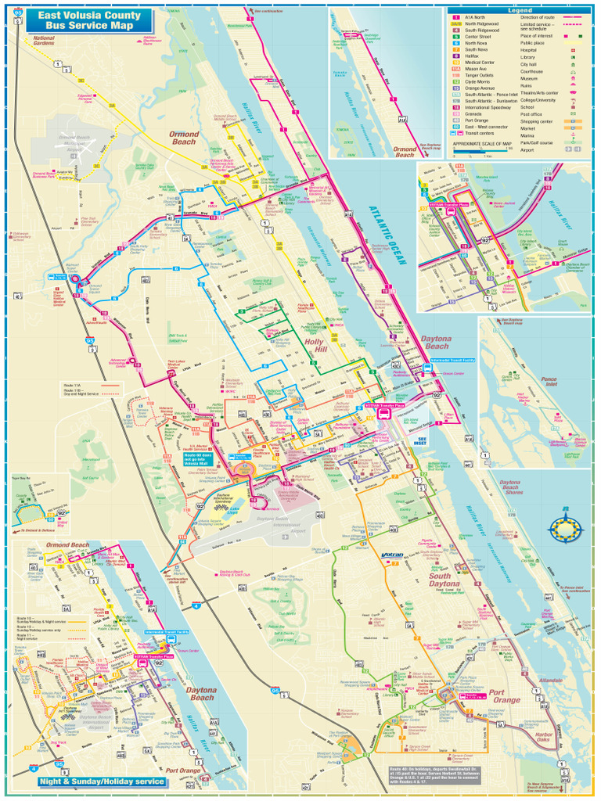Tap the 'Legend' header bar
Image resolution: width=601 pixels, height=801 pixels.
pyautogui.click(x=519, y=10)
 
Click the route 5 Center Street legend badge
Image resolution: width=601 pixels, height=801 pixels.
pyautogui.click(x=455, y=37)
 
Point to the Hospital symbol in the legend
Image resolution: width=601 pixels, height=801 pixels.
pyautogui.click(x=573, y=50)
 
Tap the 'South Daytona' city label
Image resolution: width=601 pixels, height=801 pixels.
pyautogui.click(x=444, y=580)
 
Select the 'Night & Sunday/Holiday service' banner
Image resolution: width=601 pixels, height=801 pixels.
pyautogui.click(x=103, y=781)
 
